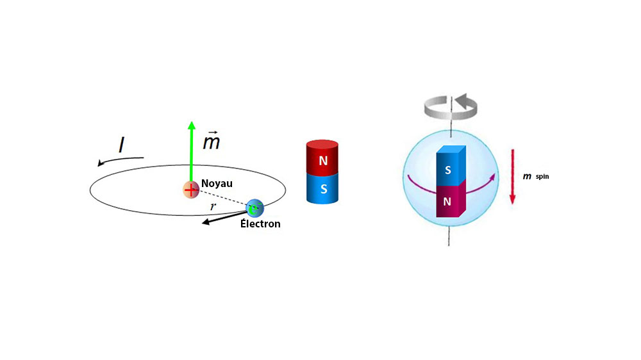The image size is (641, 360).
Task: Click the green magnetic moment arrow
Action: [x=191, y=154]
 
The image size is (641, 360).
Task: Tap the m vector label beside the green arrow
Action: [x=212, y=142]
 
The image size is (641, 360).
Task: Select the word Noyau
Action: [x=217, y=183]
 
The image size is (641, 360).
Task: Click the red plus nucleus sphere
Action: [x=191, y=190]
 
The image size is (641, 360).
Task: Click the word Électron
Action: [x=260, y=224]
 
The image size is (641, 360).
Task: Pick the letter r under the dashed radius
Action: [x=213, y=206]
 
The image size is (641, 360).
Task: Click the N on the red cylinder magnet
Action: [x=323, y=161]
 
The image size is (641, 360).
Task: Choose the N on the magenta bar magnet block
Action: [x=448, y=201]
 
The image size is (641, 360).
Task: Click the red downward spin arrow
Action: [x=512, y=176]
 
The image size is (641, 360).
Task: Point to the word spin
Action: [x=542, y=176]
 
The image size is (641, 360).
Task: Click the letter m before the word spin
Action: [x=527, y=176]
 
